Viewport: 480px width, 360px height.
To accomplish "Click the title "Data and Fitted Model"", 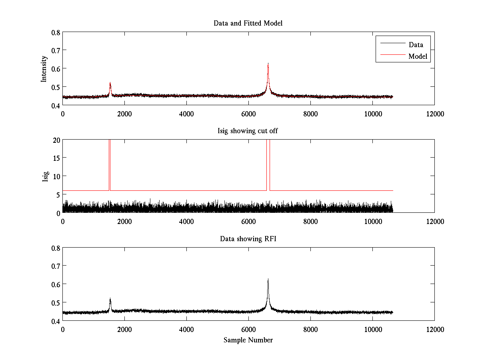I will tap(248, 23).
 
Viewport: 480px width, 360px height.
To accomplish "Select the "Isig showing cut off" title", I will tap(248, 131).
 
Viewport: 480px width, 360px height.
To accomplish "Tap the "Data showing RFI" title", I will tap(248, 239).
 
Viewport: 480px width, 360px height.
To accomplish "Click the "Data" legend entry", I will tap(416, 44).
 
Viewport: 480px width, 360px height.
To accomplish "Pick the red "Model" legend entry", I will tap(418, 56).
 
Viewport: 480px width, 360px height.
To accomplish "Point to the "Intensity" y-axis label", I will tap(44, 69).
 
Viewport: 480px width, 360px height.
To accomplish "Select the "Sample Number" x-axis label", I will tap(248, 340).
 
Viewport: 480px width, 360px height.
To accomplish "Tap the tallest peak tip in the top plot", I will tap(268, 64).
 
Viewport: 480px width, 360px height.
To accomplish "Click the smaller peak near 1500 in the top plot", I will tap(110, 83).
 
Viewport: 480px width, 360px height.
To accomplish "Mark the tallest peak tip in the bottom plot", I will tap(268, 279).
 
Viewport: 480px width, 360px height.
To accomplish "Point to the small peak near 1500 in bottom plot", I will tap(110, 298).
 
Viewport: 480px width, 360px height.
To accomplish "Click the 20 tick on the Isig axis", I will tap(56, 140).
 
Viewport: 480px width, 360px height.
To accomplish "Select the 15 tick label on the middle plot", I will tap(56, 158).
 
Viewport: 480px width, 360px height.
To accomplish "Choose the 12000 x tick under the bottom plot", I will tap(434, 329).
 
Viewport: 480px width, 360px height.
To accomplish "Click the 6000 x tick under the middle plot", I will tap(248, 221).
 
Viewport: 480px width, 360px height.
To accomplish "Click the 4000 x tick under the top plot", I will tap(186, 114).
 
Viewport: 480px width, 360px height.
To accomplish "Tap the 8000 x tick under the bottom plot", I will tap(310, 329).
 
